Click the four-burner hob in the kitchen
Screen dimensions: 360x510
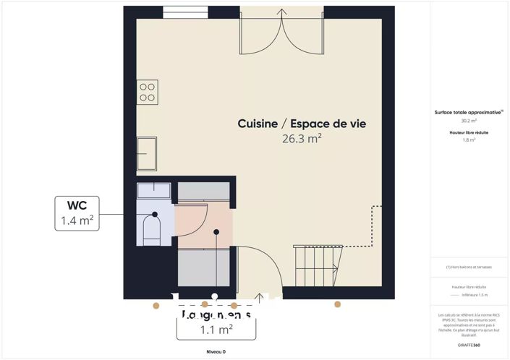pos(147,91)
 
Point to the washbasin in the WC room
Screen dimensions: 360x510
pos(153,191)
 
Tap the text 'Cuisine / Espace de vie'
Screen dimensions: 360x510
pos(302,124)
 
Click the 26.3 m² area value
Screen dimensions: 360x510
pos(302,140)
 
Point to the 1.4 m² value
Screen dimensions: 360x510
pos(77,221)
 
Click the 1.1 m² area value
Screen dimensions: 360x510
pos(216,330)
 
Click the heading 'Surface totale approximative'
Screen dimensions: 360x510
pos(469,113)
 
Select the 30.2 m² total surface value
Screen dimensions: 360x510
pos(469,121)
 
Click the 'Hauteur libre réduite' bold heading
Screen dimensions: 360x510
pos(469,133)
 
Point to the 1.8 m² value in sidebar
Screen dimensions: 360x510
pos(469,140)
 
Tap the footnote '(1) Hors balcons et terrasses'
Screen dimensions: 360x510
pos(469,267)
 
